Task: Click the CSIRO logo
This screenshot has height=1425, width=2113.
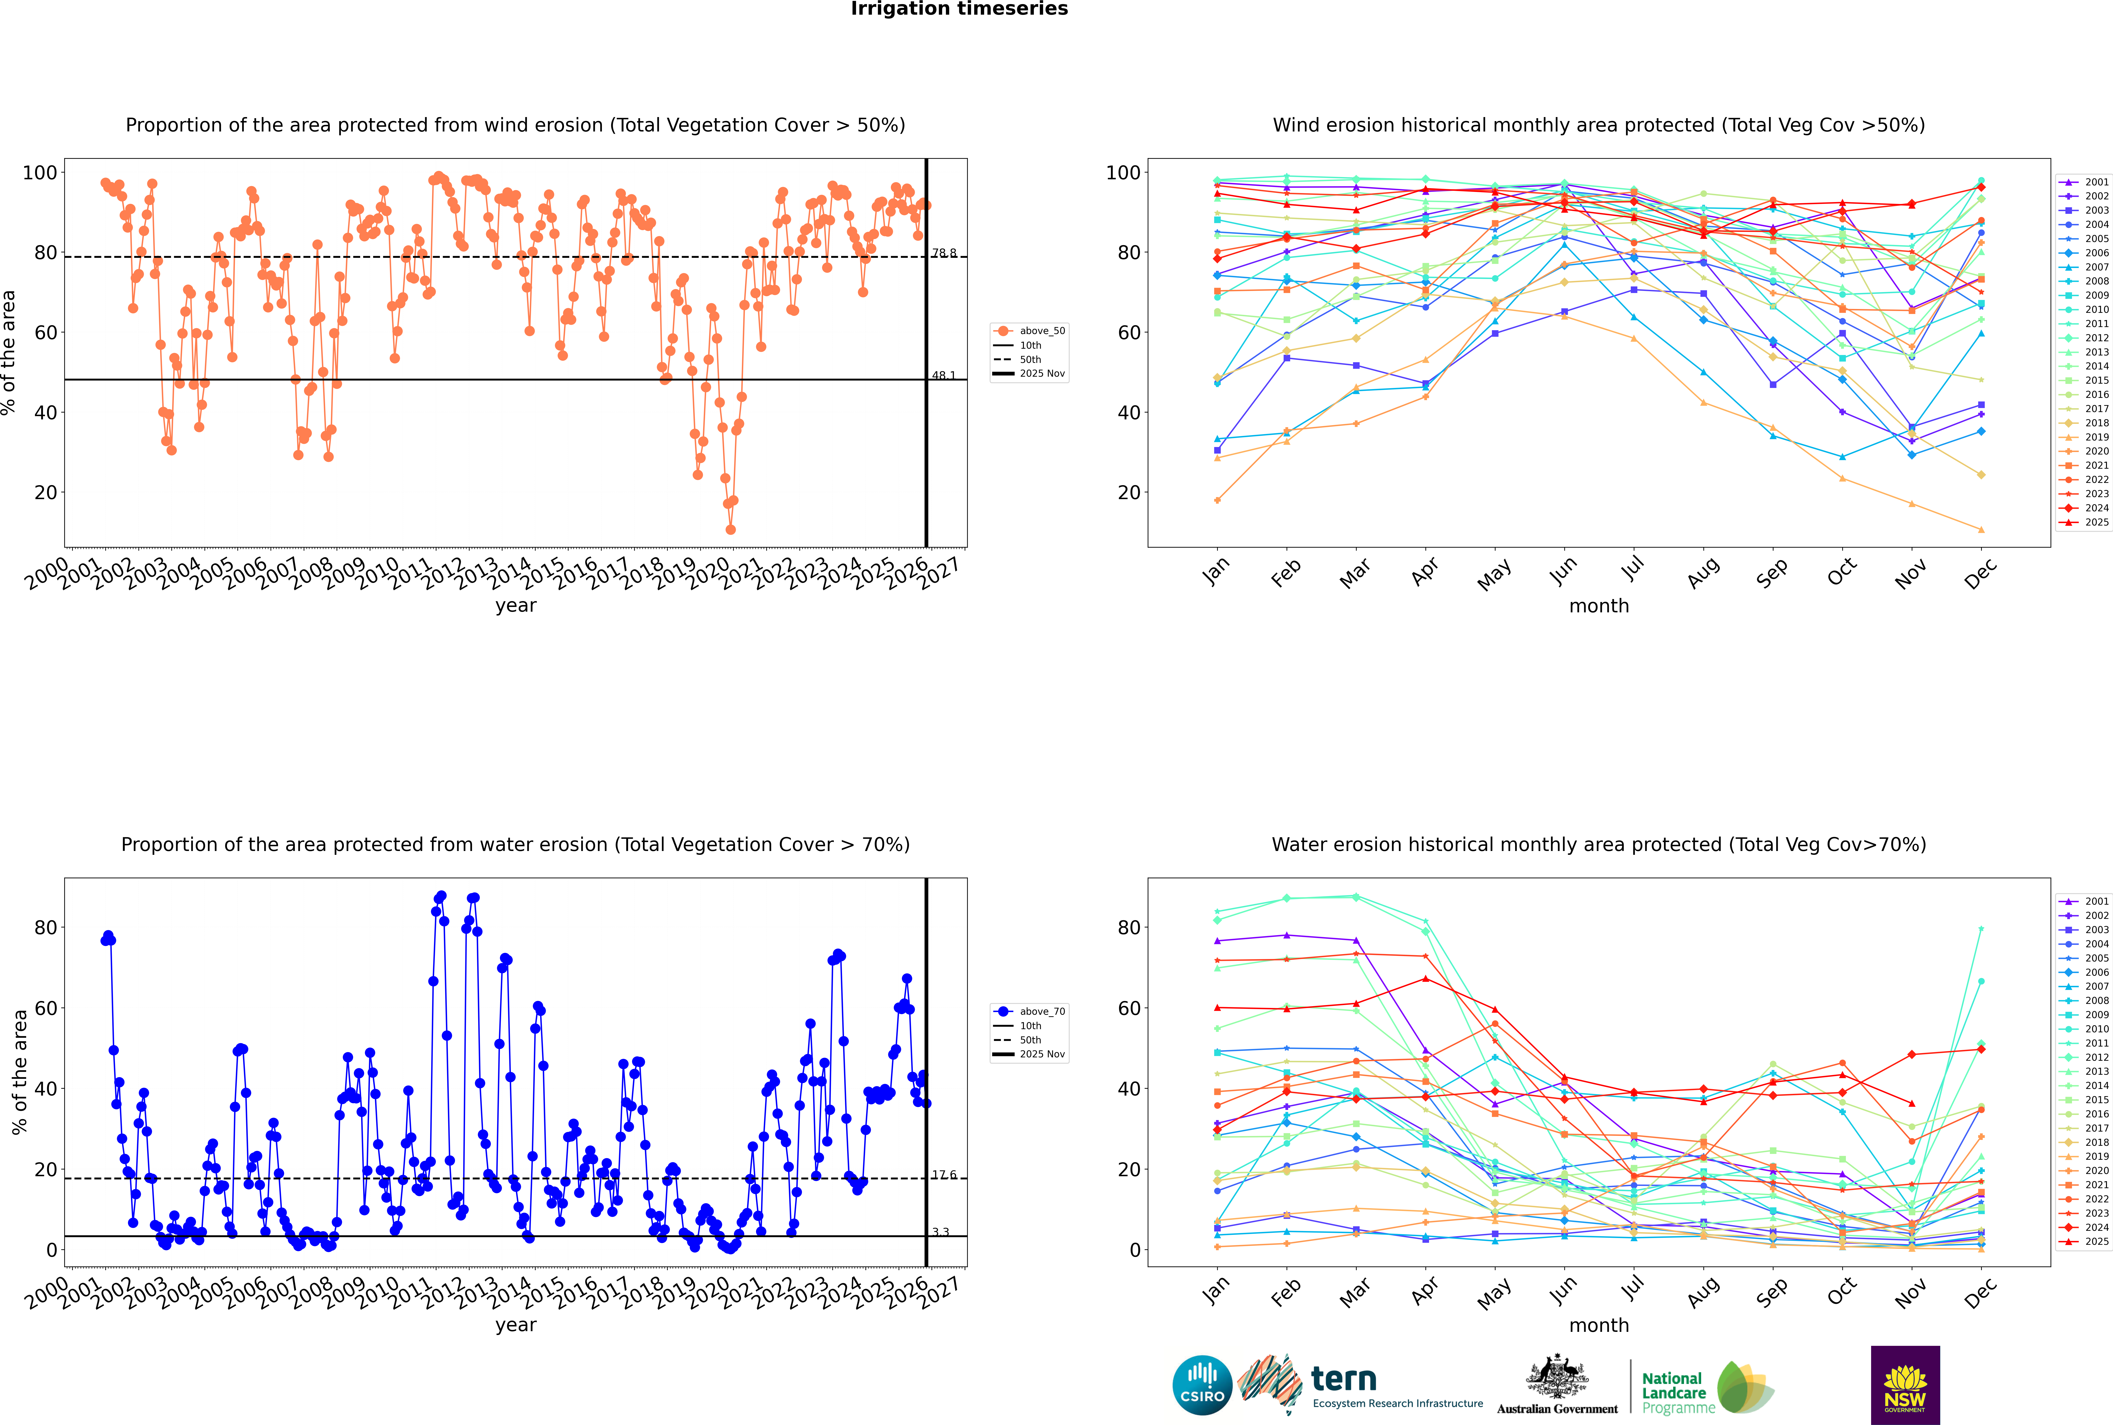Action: click(x=1202, y=1385)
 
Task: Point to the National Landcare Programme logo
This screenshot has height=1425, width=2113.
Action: click(x=1706, y=1388)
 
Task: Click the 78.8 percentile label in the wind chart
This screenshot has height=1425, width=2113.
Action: click(x=944, y=254)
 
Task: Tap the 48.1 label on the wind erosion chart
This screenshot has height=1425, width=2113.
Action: click(x=944, y=375)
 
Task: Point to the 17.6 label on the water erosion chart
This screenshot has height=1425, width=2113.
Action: click(x=944, y=1175)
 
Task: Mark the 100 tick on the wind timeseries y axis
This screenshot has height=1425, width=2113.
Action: click(x=40, y=173)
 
